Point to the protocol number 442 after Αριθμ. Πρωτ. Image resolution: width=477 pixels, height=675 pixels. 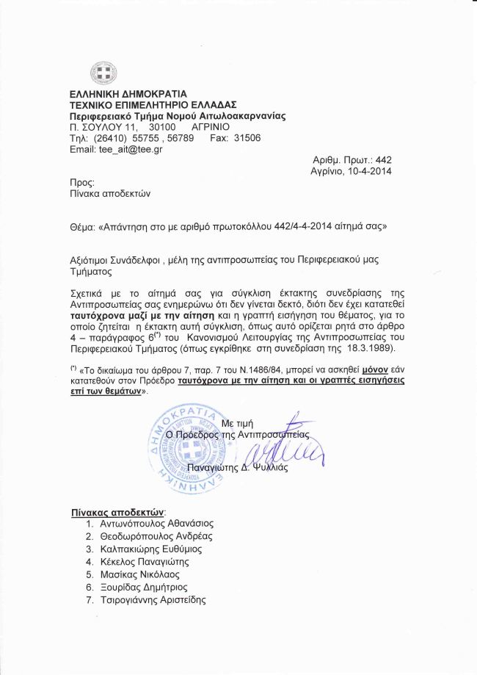(x=383, y=160)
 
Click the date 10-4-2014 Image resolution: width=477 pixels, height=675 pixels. (x=365, y=171)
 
